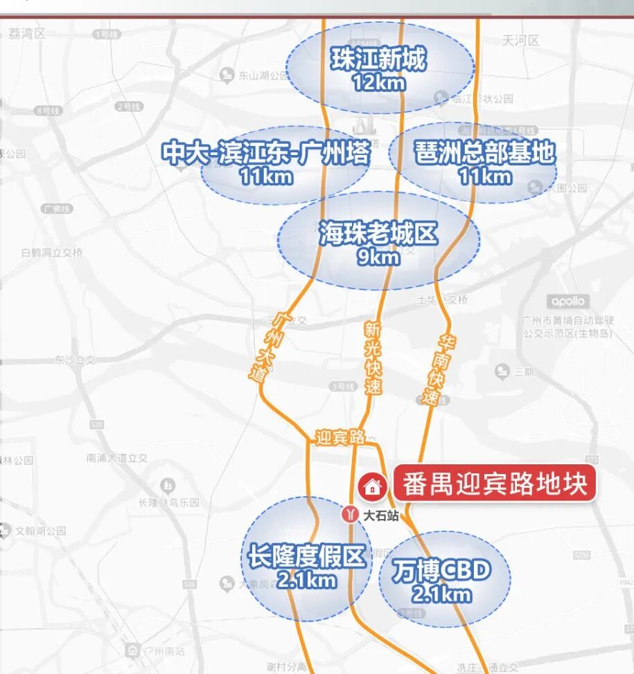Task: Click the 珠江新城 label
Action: pyautogui.click(x=378, y=60)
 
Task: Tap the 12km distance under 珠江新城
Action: pyautogui.click(x=378, y=82)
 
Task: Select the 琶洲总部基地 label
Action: pyautogui.click(x=486, y=152)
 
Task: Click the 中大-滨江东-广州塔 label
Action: pyautogui.click(x=266, y=152)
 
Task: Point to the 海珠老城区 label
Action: pyautogui.click(x=378, y=234)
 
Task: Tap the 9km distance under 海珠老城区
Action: pyautogui.click(x=378, y=257)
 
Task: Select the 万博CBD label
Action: pyautogui.click(x=441, y=571)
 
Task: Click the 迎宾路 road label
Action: pyautogui.click(x=340, y=437)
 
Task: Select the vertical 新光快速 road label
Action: pyautogui.click(x=373, y=358)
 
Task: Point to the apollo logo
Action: pyautogui.click(x=568, y=301)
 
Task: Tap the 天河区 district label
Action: pyautogui.click(x=521, y=41)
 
